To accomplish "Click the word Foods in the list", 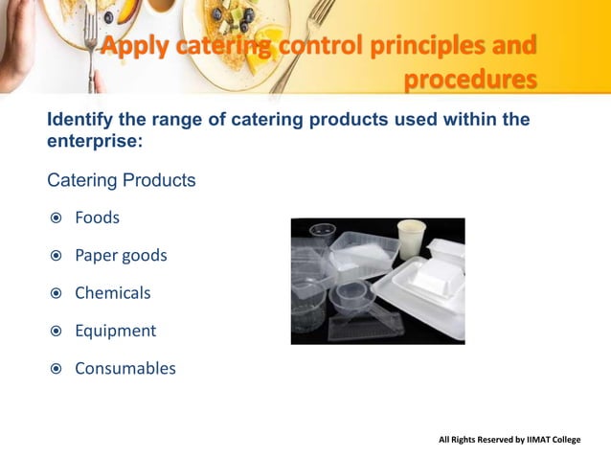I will point(97,218).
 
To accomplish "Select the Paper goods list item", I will point(121,256).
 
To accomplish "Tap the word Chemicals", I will point(112,293).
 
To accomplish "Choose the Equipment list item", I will point(115,331).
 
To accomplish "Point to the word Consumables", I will point(124,368).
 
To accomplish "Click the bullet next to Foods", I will point(57,218).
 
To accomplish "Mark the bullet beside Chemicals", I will point(57,293).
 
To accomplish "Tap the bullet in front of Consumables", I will point(57,369).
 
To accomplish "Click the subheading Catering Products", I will point(121,180).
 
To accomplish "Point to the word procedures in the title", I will point(469,79).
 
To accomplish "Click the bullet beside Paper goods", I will point(57,256).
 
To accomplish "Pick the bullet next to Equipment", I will point(57,332).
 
